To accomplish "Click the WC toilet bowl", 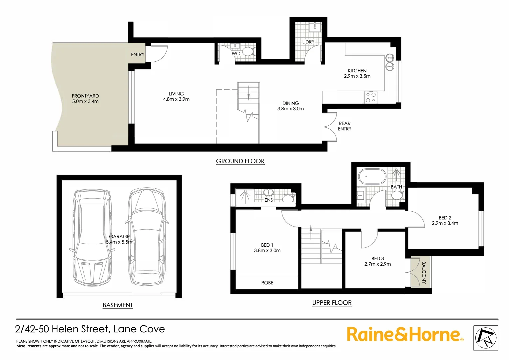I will pyautogui.click(x=248, y=51).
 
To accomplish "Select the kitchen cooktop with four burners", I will pyautogui.click(x=371, y=97).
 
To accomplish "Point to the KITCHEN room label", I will pyautogui.click(x=357, y=71).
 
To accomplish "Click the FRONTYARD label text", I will pyautogui.click(x=85, y=96).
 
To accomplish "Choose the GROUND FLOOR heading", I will pyautogui.click(x=240, y=161).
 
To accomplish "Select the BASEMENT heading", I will pyautogui.click(x=118, y=305).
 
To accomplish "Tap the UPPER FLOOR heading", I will pyautogui.click(x=332, y=303).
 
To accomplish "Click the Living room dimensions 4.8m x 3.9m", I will pyautogui.click(x=176, y=99).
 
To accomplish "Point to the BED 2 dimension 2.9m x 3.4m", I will pyautogui.click(x=445, y=223).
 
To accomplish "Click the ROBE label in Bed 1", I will pyautogui.click(x=267, y=283).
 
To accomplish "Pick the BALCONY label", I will pyautogui.click(x=424, y=272).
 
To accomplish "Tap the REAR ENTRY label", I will pyautogui.click(x=344, y=126).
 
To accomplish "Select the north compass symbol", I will pyautogui.click(x=486, y=338).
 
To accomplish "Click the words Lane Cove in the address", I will pyautogui.click(x=139, y=329).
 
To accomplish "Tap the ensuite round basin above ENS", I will pyautogui.click(x=268, y=192).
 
